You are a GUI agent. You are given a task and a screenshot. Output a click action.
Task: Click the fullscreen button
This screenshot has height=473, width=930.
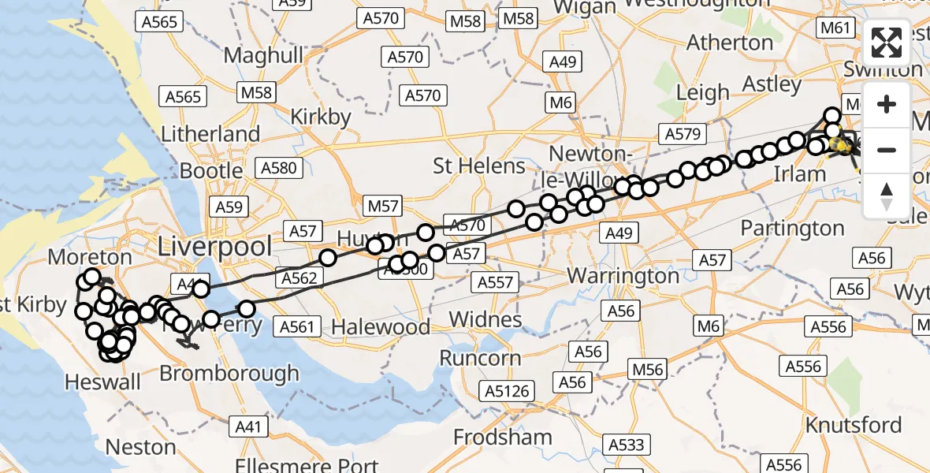tap(887, 43)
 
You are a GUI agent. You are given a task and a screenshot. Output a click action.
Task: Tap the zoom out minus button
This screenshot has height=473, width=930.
tap(887, 150)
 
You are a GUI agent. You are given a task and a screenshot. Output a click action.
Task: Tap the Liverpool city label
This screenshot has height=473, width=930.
tap(215, 245)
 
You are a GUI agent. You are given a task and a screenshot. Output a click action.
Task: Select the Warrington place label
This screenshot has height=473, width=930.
tap(623, 277)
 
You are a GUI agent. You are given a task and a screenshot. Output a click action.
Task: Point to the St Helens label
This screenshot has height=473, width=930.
tap(479, 166)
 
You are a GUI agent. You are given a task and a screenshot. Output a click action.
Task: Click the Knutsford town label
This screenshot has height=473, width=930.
tap(854, 425)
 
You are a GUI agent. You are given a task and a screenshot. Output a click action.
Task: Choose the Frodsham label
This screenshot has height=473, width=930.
tap(503, 437)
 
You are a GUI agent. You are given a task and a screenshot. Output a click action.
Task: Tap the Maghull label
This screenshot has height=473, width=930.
tap(263, 55)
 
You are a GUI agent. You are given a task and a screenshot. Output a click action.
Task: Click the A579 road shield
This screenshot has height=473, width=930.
tap(683, 134)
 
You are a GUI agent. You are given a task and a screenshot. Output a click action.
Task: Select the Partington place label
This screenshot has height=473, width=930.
tap(792, 229)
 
